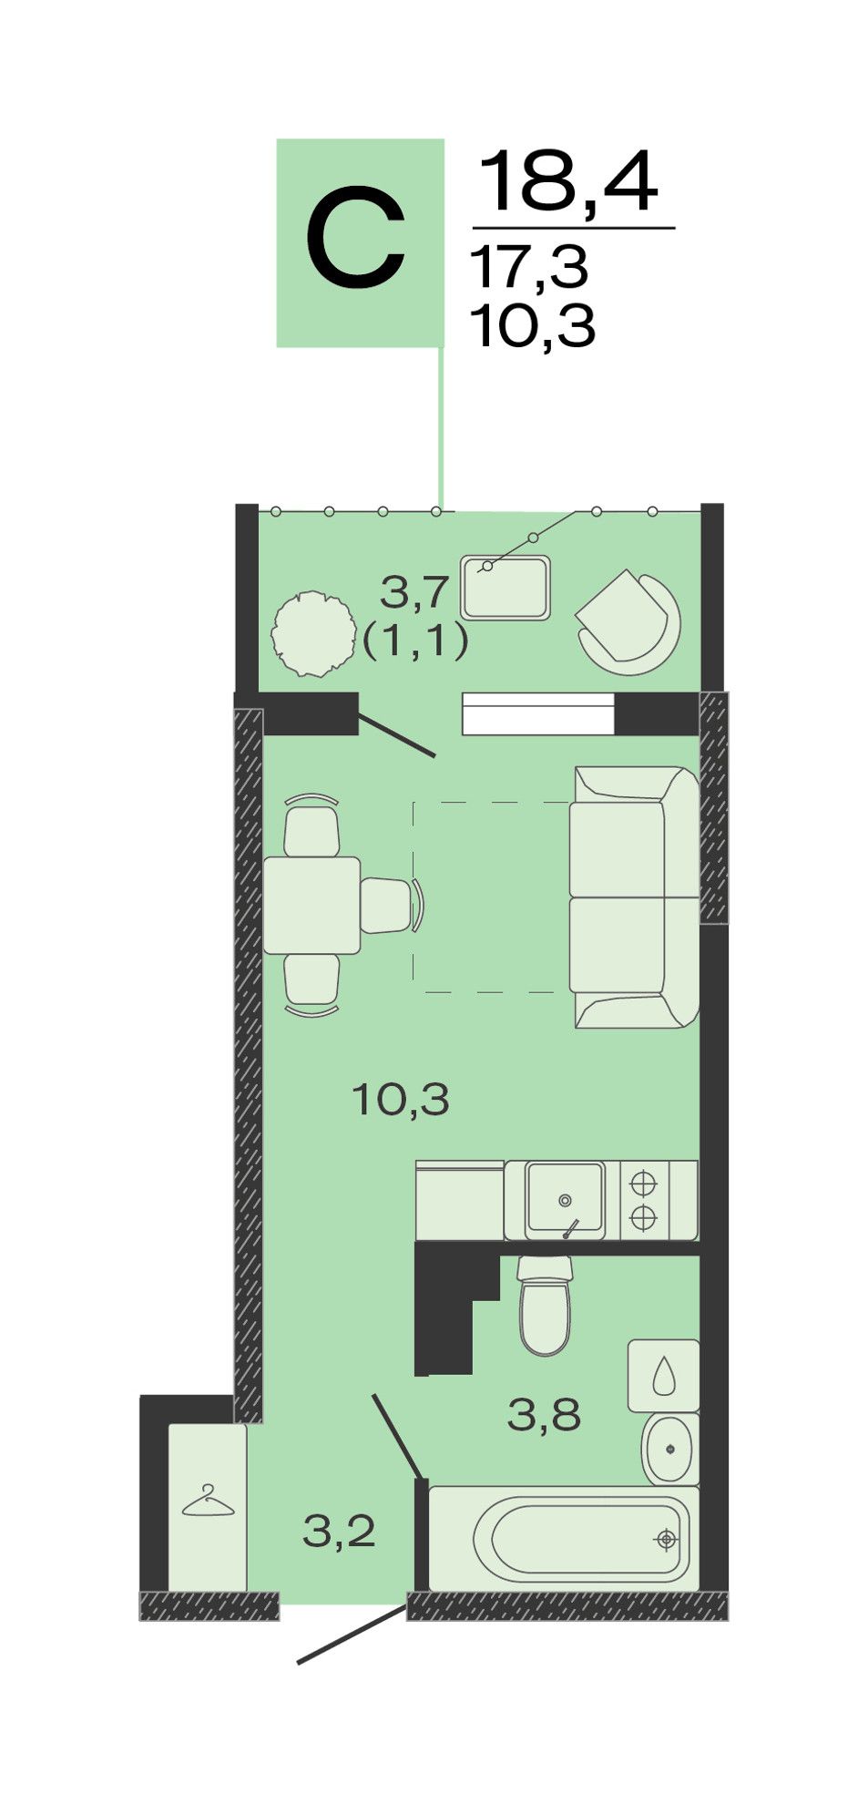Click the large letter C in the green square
coord(355,241)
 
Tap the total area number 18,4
coord(568,182)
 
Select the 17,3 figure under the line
coord(529,268)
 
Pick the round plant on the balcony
coord(313,634)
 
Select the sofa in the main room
coord(635,897)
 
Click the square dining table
coord(312,905)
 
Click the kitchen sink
coord(565,1199)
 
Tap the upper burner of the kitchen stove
coord(643,1183)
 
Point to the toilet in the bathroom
coord(545,1305)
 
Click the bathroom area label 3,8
coord(544,1415)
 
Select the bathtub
coord(564,1539)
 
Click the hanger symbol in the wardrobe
coord(209,1501)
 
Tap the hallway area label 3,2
coord(339,1532)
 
